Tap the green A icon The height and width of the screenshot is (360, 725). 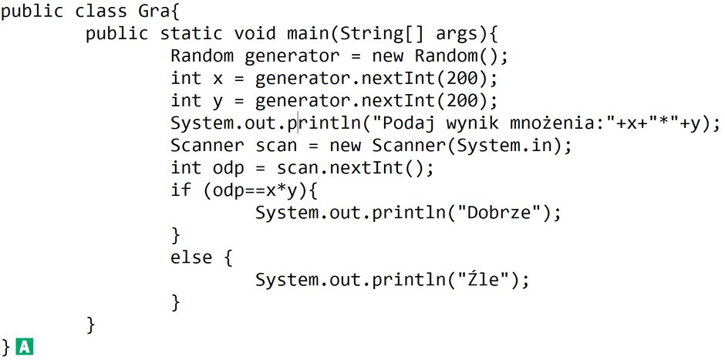[x=24, y=346]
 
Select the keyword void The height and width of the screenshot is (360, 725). [x=255, y=33]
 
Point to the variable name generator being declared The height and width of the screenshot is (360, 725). [x=292, y=56]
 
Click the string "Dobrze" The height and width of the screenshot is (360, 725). [x=503, y=213]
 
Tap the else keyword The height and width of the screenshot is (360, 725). [x=191, y=257]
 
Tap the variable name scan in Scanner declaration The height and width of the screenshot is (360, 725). [x=276, y=146]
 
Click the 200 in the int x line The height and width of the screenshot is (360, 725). [x=464, y=79]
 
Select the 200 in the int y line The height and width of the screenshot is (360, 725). [x=464, y=101]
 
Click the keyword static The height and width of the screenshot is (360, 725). [x=191, y=33]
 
